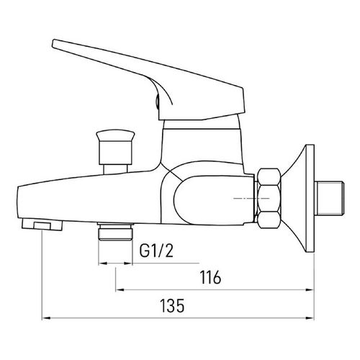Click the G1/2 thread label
pos(156,251)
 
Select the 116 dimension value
pos(210,277)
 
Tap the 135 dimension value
pos(172,305)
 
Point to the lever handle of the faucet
pos(149,79)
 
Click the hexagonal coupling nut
pos(269,199)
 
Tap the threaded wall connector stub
pos(330,198)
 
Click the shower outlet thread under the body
pos(115,231)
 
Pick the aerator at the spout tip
pos(42,225)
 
